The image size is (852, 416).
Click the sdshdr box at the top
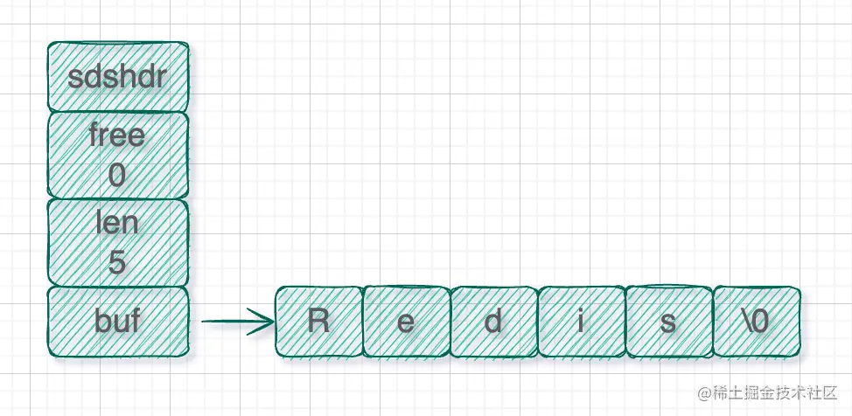click(x=117, y=77)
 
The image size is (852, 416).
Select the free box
click(x=117, y=156)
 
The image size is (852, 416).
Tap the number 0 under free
click(x=117, y=177)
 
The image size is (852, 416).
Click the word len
click(x=117, y=223)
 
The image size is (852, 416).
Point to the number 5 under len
click(x=117, y=262)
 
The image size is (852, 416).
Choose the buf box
click(x=117, y=322)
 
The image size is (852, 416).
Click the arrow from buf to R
click(x=236, y=322)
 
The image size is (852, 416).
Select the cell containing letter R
click(x=318, y=322)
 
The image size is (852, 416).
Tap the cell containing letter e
click(x=406, y=322)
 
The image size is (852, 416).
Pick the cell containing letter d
click(x=493, y=322)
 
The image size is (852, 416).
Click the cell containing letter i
click(x=581, y=322)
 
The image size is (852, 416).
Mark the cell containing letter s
click(x=668, y=322)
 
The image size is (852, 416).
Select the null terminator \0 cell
click(x=756, y=322)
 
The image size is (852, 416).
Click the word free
click(x=117, y=136)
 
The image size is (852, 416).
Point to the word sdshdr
click(x=117, y=77)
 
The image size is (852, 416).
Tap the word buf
click(x=117, y=322)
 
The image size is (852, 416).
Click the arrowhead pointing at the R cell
click(x=267, y=322)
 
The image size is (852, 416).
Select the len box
click(x=117, y=242)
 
